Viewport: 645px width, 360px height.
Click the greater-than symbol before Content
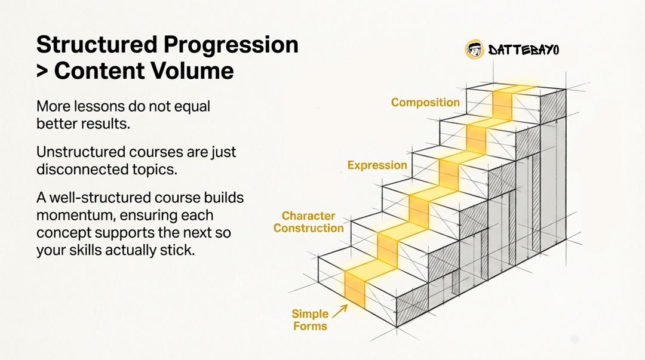pos(42,71)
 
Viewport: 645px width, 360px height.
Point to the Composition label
pos(425,103)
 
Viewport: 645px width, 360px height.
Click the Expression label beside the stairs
pos(377,165)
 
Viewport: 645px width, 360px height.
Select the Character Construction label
pos(309,222)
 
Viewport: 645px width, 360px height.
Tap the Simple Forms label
pos(310,320)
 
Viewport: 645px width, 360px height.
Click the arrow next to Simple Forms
pos(340,312)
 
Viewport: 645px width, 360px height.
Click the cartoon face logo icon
pos(474,50)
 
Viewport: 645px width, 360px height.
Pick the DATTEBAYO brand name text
pos(524,50)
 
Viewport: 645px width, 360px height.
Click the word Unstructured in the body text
pos(81,152)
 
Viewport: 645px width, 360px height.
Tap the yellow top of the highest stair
pos(514,89)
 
